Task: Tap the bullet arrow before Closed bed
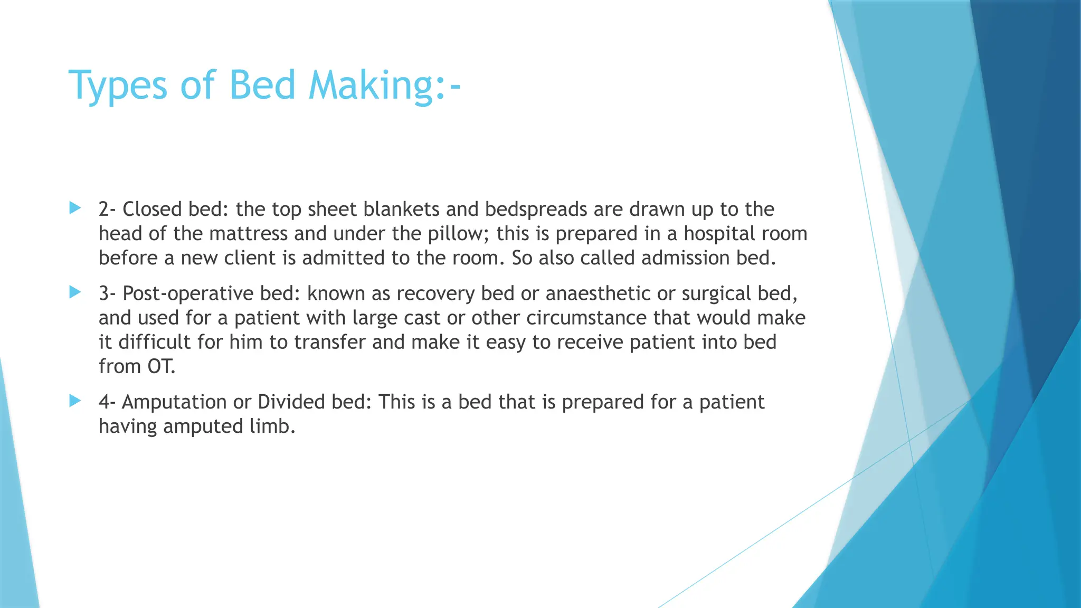click(x=75, y=208)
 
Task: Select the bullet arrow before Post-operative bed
click(x=75, y=292)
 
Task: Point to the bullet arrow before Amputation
click(x=75, y=401)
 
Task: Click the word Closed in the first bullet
click(x=152, y=209)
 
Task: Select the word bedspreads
click(x=536, y=210)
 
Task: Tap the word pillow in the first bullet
click(x=458, y=233)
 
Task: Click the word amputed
click(x=203, y=426)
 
